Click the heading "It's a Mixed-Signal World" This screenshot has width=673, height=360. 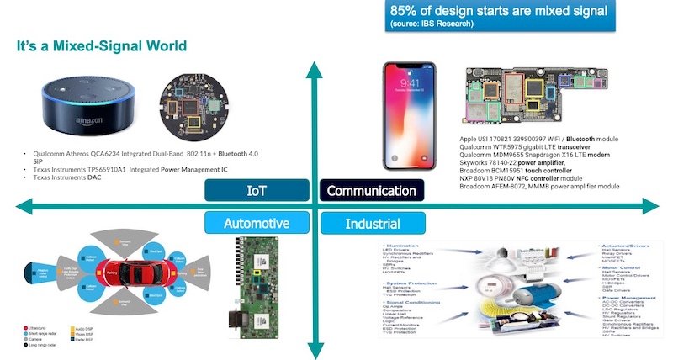102,44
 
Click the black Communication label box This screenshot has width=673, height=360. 372,191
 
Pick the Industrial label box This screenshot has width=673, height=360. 372,224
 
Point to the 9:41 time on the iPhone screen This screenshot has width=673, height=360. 411,84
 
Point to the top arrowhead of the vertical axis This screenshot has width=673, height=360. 313,71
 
